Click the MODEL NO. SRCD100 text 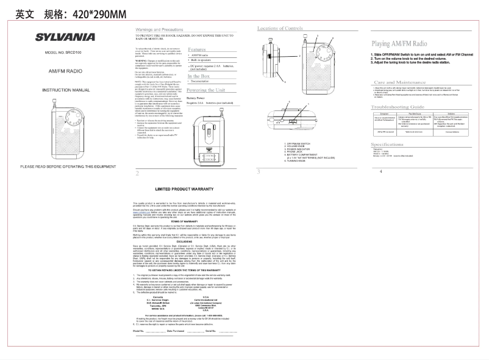[62, 54]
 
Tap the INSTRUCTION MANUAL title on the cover [60, 90]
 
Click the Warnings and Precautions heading [159, 29]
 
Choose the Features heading [196, 49]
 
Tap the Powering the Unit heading [206, 89]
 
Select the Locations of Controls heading [280, 29]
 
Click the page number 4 [380, 171]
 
